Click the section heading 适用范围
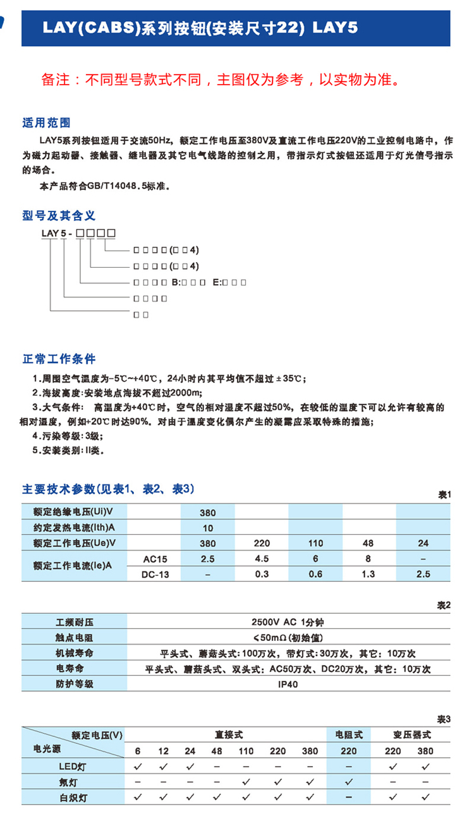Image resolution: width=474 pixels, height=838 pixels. click(46, 122)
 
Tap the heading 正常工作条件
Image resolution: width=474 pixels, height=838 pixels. click(59, 359)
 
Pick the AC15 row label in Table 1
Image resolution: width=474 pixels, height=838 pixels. click(155, 559)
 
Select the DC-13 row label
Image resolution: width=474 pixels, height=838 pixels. click(155, 574)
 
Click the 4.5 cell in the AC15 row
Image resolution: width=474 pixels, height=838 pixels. click(261, 559)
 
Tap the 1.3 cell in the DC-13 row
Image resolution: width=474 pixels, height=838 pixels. click(369, 574)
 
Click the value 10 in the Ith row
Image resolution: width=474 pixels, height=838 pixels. click(207, 528)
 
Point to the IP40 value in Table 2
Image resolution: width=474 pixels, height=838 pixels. click(288, 684)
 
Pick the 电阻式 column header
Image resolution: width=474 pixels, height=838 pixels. click(349, 735)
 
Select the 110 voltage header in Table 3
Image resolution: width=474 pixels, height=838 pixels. click(246, 751)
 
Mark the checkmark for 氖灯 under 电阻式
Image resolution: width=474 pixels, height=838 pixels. click(349, 782)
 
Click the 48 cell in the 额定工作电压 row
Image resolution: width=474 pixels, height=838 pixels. click(369, 543)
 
